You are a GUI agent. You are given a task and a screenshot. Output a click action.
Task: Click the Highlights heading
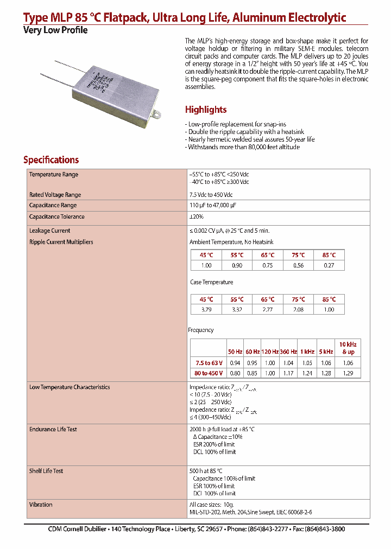click(x=205, y=110)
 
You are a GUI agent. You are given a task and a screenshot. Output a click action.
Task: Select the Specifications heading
click(x=51, y=160)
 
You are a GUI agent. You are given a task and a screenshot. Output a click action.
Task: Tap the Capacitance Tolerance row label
click(x=56, y=216)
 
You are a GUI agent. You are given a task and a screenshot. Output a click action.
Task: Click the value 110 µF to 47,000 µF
click(x=212, y=206)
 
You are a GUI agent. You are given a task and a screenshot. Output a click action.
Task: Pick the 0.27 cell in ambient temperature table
click(x=329, y=265)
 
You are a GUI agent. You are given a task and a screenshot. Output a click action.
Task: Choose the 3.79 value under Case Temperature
click(x=206, y=309)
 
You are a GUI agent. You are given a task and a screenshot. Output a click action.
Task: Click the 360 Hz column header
click(x=288, y=352)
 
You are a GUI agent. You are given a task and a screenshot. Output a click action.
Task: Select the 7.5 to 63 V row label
click(x=209, y=363)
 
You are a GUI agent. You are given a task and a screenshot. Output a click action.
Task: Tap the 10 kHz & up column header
click(x=348, y=348)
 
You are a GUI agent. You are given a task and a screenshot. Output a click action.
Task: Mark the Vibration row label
click(x=41, y=505)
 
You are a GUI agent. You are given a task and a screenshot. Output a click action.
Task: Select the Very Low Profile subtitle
click(x=55, y=30)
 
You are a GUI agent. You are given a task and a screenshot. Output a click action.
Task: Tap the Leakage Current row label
click(x=49, y=231)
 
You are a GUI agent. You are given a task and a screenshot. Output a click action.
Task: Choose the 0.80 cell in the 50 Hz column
click(x=235, y=373)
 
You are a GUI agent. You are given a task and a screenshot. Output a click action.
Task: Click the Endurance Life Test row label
click(x=53, y=429)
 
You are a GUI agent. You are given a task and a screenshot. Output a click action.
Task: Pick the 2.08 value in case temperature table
click(x=298, y=309)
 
